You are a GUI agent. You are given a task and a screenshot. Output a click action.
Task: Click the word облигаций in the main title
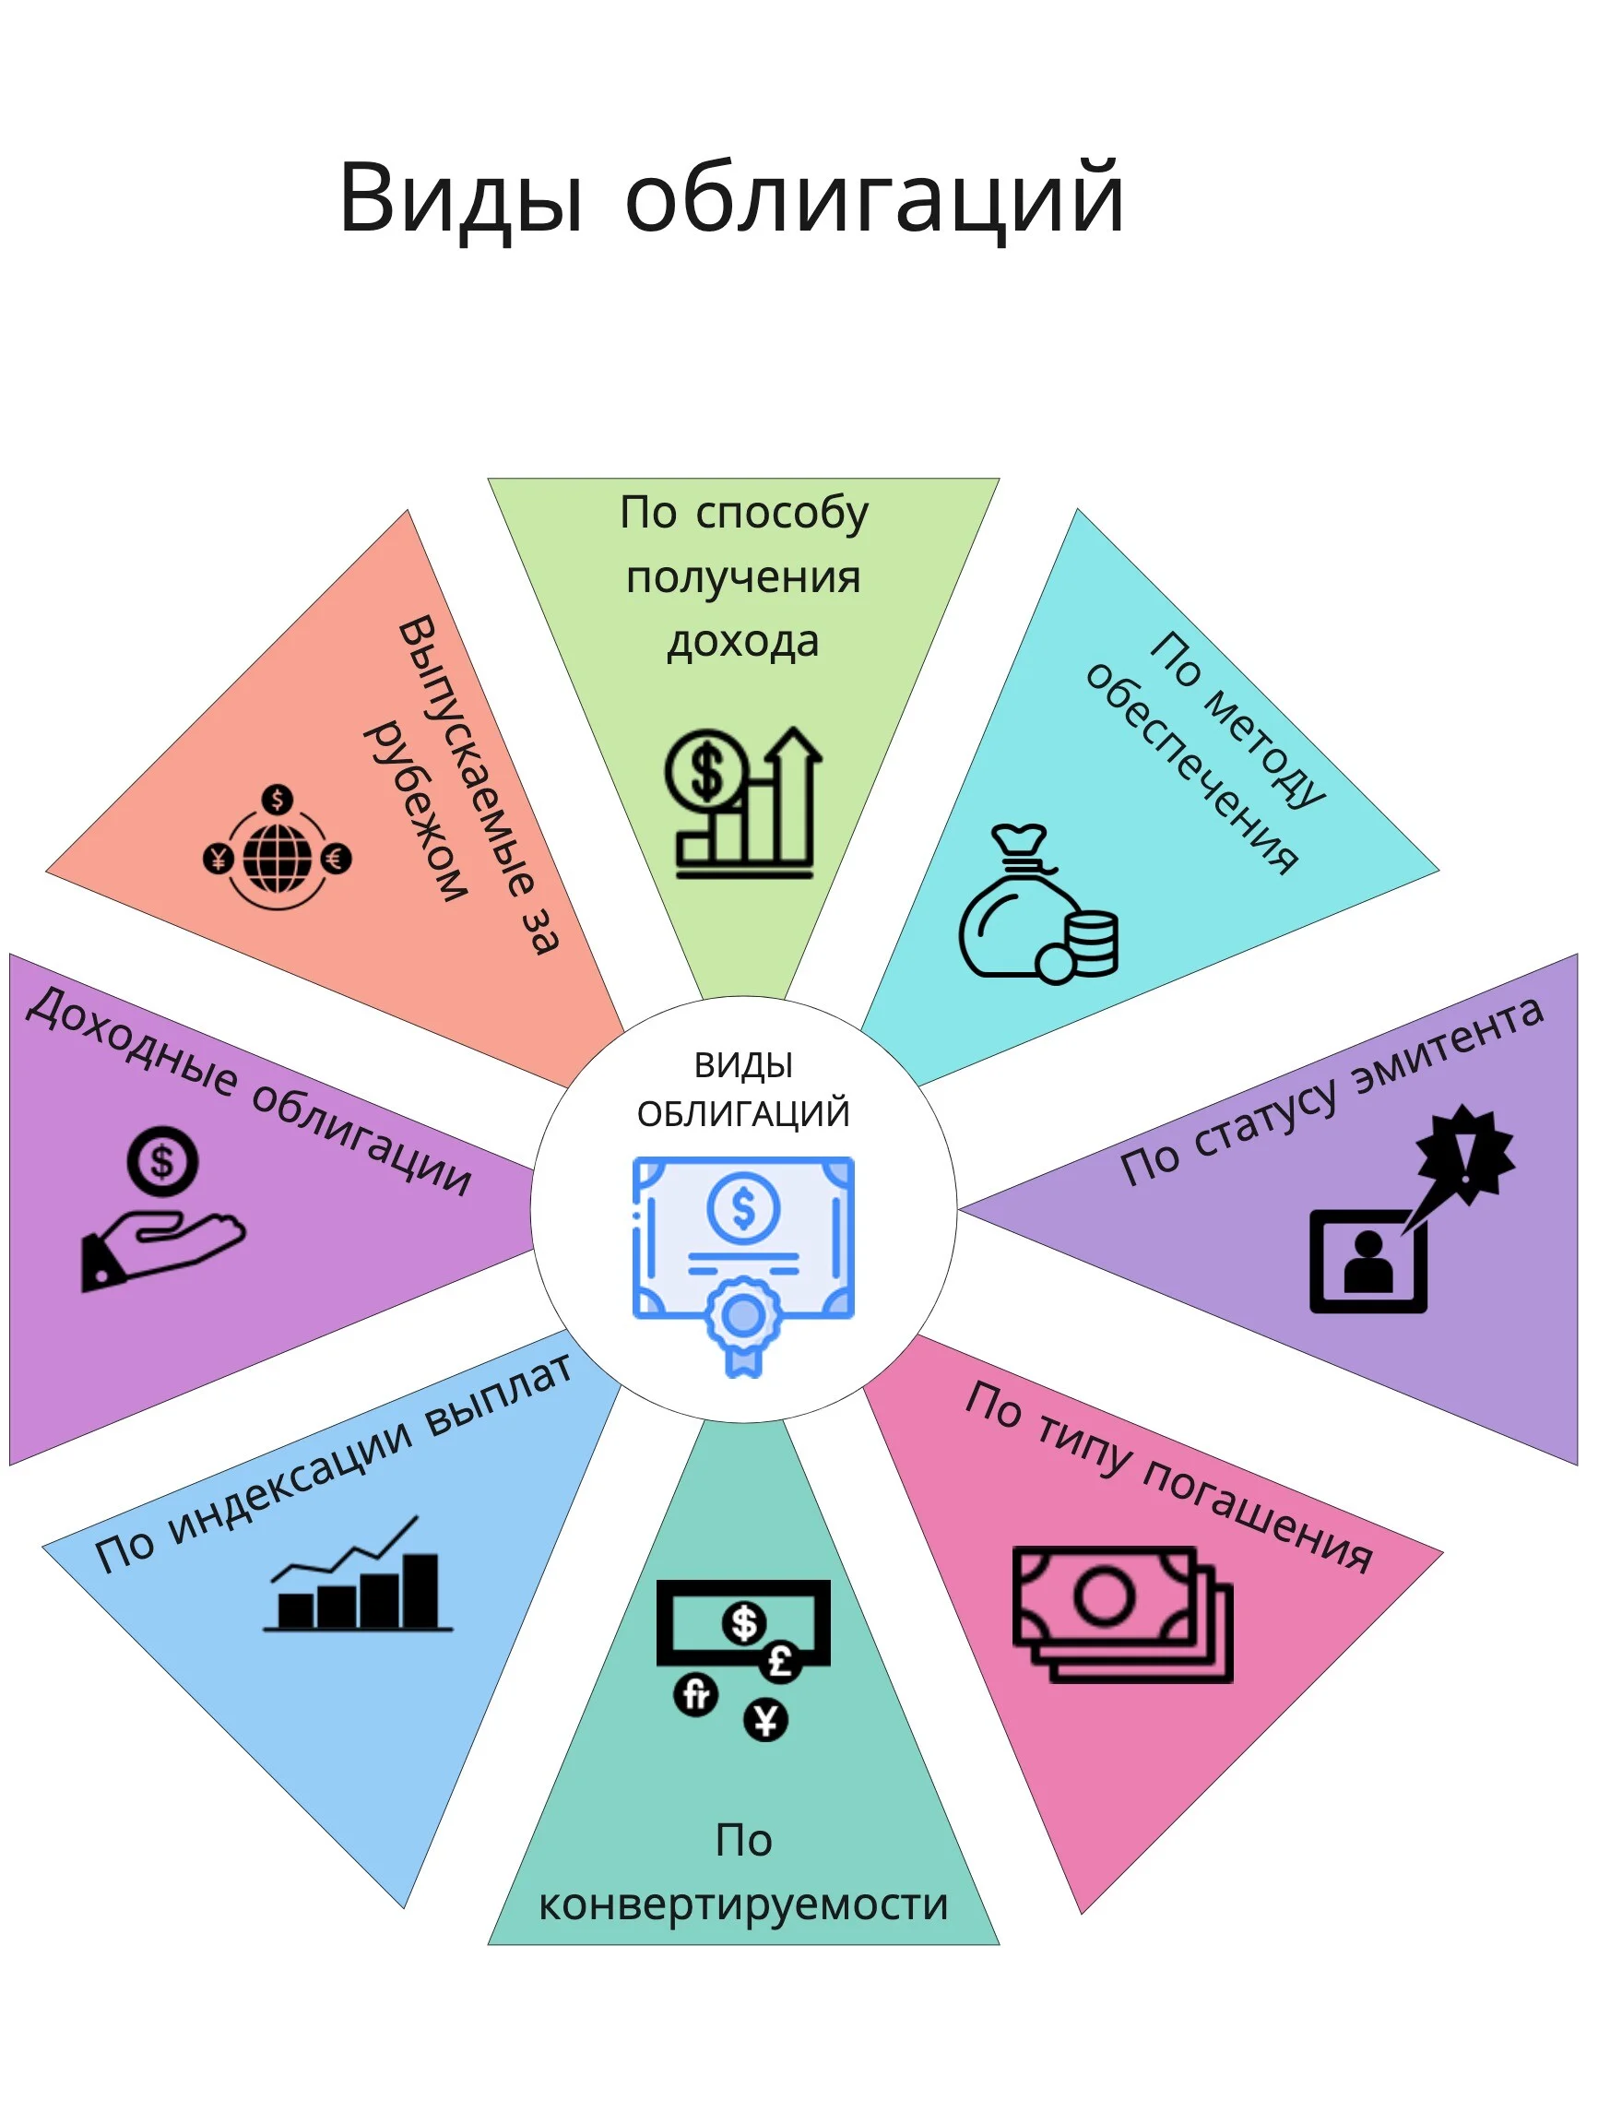[x=874, y=196]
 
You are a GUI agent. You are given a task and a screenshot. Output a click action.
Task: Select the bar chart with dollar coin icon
[x=742, y=803]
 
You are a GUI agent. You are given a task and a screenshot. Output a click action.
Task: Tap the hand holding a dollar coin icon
[x=163, y=1208]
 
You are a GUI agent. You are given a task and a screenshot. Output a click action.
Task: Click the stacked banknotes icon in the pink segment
[x=1122, y=1615]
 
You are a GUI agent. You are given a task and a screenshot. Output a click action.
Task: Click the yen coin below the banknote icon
[x=765, y=1719]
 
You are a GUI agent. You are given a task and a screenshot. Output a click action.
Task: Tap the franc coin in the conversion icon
[x=696, y=1694]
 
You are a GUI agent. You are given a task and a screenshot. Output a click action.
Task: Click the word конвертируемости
[x=742, y=1906]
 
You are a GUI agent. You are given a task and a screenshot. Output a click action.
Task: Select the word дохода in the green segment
[x=742, y=642]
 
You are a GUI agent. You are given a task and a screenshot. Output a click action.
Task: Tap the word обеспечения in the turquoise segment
[x=1192, y=766]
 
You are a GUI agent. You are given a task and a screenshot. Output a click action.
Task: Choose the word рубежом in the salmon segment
[x=416, y=811]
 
